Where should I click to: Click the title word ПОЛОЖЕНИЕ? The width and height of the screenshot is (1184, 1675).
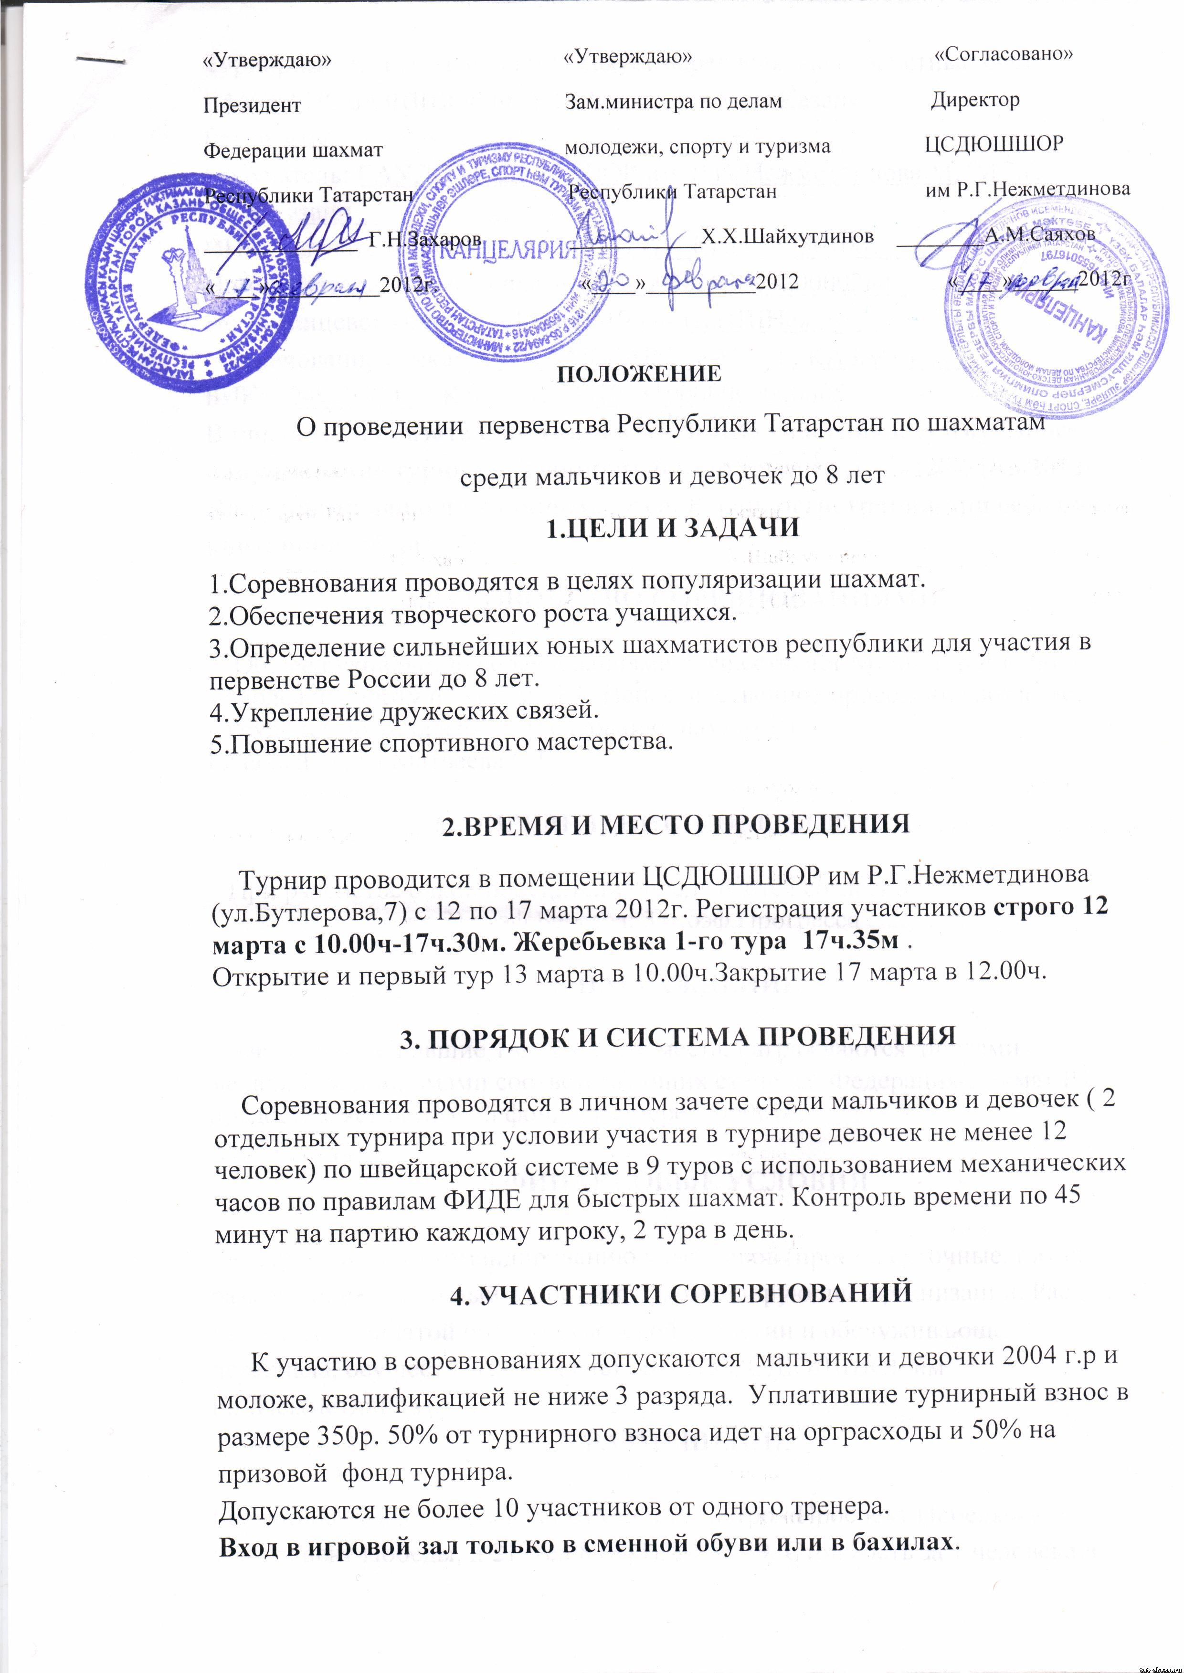click(639, 373)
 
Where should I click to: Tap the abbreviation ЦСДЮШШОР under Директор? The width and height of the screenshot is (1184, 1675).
click(994, 144)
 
